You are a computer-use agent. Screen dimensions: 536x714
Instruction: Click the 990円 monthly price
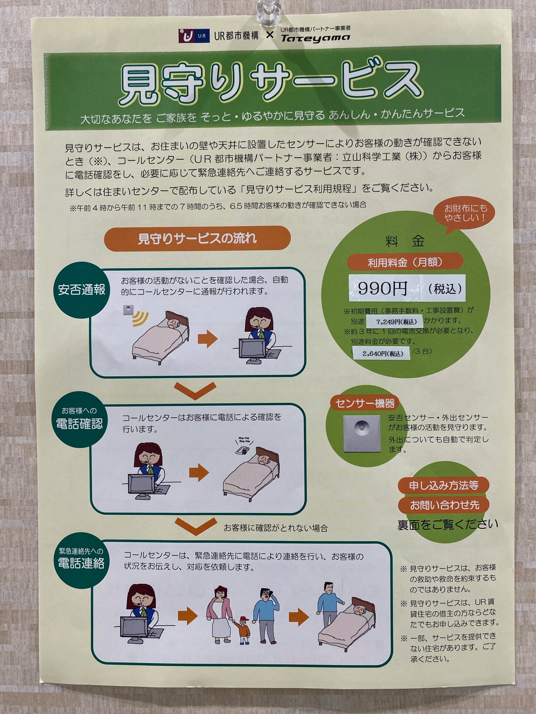[382, 288]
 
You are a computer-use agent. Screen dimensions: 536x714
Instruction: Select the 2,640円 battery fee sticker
[382, 353]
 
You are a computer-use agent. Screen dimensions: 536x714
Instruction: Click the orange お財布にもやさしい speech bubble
[466, 214]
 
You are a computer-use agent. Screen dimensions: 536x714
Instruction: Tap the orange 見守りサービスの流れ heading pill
[197, 238]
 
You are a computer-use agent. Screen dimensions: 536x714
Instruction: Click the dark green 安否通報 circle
[82, 290]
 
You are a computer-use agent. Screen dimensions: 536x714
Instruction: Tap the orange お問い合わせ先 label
[444, 505]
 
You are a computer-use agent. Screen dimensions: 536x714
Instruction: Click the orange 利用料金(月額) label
[405, 262]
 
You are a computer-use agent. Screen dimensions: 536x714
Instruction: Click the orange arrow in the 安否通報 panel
[208, 339]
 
